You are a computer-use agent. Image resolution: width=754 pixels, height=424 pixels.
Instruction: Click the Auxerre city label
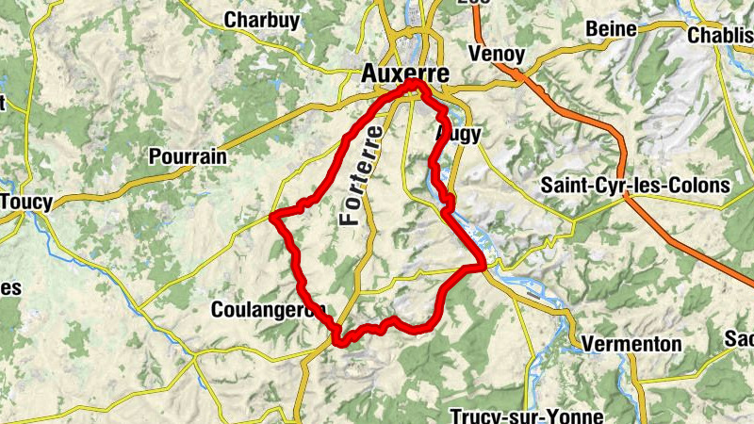pos(406,73)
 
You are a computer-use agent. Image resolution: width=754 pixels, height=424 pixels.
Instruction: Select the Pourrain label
pos(188,156)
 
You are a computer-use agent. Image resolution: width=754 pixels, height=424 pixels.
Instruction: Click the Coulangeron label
pos(268,309)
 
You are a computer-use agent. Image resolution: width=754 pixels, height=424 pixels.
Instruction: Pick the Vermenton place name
pos(631,344)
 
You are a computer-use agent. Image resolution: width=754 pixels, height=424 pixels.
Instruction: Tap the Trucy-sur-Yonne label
pos(516,416)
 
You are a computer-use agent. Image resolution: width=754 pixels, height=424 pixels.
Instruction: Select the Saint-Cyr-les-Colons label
pos(635,185)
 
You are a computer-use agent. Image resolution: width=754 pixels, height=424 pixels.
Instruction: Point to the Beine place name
pos(611,29)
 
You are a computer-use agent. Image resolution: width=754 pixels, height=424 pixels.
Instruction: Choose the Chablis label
pos(720,35)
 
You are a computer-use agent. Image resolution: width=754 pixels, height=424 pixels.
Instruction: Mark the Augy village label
pos(460,135)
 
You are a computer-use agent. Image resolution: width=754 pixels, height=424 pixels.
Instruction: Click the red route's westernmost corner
pos(272,218)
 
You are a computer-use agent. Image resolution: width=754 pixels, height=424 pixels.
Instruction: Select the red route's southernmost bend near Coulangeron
pos(339,341)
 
